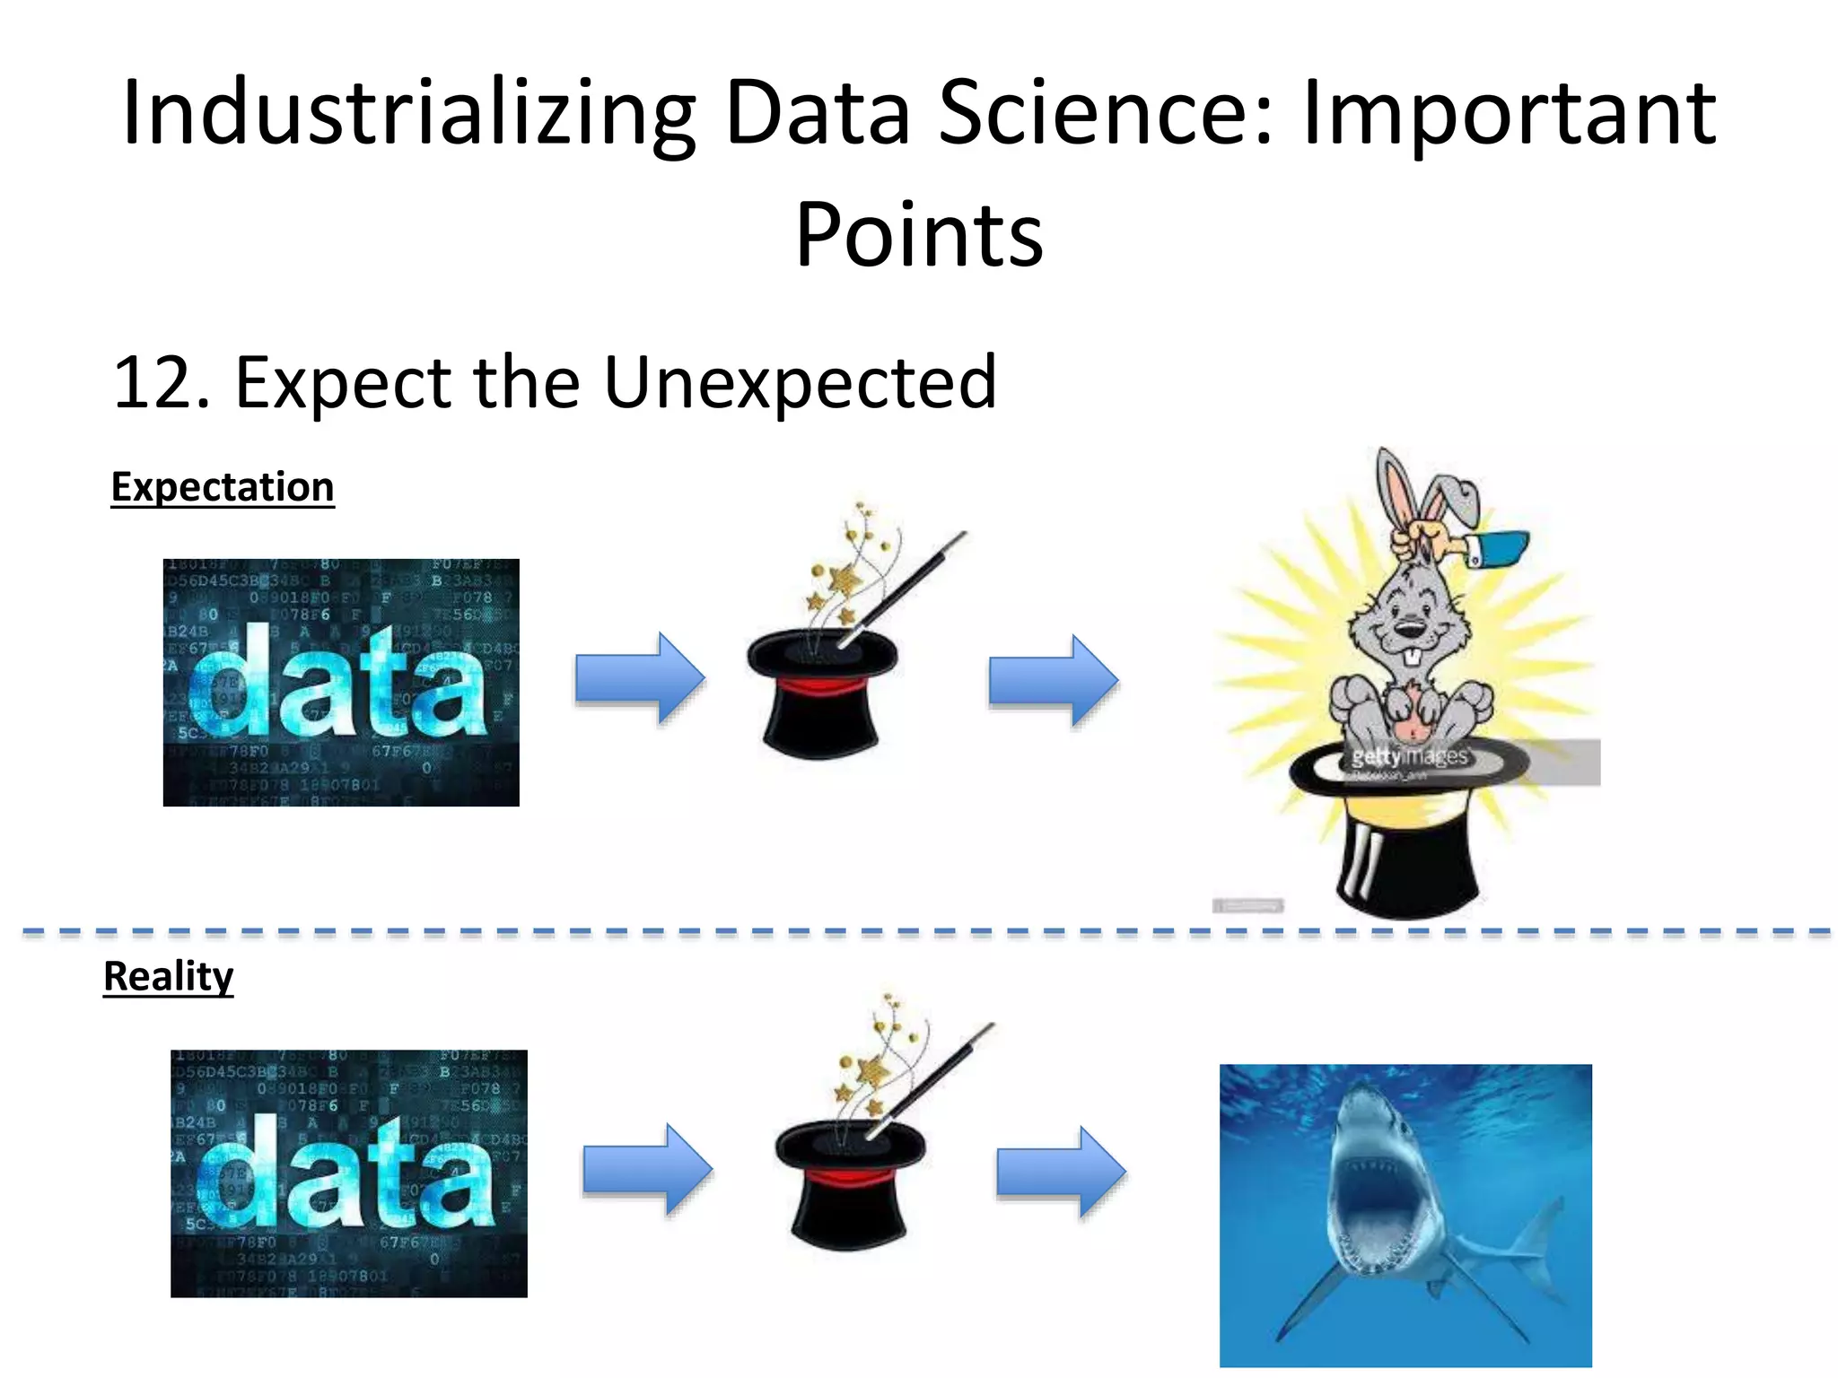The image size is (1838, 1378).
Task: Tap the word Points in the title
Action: pos(919,235)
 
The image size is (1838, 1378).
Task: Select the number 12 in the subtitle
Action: pos(151,382)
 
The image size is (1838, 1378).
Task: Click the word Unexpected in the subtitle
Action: pos(800,382)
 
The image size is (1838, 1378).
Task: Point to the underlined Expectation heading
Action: pos(223,487)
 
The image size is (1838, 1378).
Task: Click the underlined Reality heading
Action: pos(169,976)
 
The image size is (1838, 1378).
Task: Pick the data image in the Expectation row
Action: pos(341,682)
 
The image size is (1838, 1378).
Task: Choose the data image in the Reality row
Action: pos(349,1173)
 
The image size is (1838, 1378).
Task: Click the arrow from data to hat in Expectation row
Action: pos(640,678)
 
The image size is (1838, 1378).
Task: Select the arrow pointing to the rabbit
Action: pos(1053,680)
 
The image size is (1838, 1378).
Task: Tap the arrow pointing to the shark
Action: pos(1061,1172)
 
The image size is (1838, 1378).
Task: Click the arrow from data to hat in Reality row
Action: pos(647,1170)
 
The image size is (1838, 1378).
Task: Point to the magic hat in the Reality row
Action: pos(849,1184)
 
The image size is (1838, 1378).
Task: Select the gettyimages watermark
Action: pos(1411,756)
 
